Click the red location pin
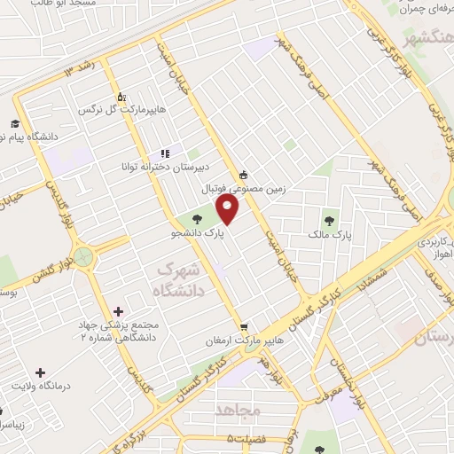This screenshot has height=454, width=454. [x=229, y=210]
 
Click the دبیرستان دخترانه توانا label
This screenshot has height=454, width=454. [x=165, y=166]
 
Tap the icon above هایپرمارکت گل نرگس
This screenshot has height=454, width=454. [x=121, y=97]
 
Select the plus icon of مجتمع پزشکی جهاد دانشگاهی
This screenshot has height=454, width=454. [x=118, y=311]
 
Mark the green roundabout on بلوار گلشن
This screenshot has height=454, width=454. [x=84, y=257]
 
